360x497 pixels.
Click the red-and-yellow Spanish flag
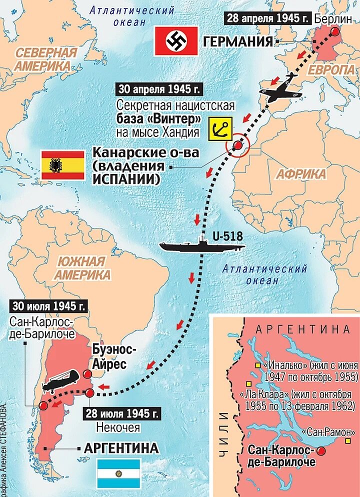63,165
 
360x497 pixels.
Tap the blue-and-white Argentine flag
118,473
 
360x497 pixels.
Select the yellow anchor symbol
220,128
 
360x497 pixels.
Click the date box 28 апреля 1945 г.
268,18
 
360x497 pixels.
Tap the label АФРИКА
300,174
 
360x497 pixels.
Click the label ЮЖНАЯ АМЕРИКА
82,268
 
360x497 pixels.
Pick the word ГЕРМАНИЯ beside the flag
238,41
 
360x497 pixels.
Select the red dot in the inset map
320,451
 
